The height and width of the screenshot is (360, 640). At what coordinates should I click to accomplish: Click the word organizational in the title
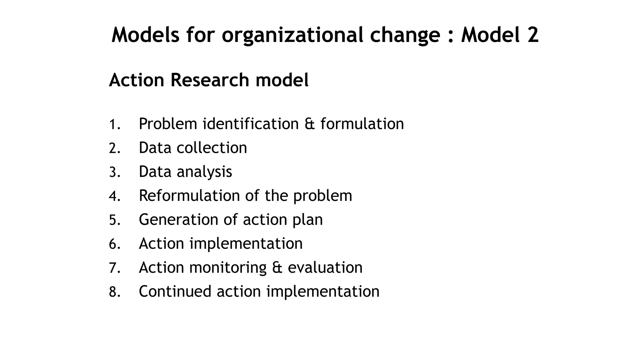click(x=292, y=35)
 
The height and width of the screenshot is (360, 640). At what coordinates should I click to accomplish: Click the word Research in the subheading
click(x=210, y=80)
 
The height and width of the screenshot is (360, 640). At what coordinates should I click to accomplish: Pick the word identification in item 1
click(x=251, y=124)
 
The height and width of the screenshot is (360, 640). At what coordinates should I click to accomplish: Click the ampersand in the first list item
click(x=310, y=124)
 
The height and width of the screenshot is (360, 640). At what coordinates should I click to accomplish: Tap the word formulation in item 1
click(x=362, y=124)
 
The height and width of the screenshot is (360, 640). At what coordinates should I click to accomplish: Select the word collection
click(x=212, y=148)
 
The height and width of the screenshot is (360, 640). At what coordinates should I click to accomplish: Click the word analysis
click(x=204, y=172)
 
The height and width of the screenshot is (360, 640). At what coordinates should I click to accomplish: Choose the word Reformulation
click(x=189, y=196)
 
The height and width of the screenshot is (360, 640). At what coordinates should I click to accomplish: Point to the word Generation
click(x=178, y=220)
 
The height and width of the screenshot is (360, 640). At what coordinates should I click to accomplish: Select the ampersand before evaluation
click(x=277, y=268)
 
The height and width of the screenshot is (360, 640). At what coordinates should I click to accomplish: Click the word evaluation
click(x=325, y=268)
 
